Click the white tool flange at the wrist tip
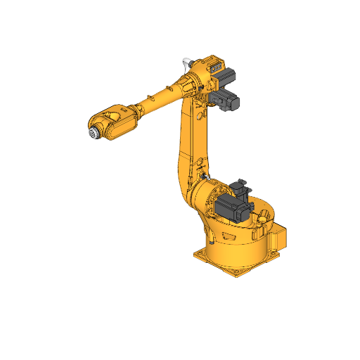pos(92,134)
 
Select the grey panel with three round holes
pos(215,69)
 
